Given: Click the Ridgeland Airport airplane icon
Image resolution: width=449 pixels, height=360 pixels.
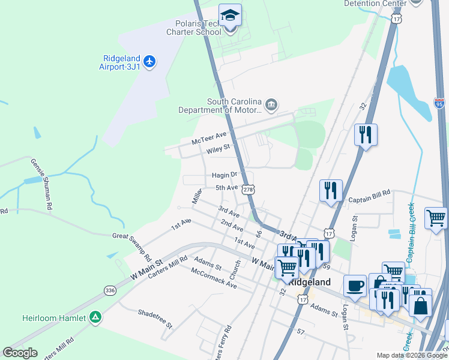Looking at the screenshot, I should tap(149, 61).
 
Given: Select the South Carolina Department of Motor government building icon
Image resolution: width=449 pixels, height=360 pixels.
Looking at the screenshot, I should tap(271, 106).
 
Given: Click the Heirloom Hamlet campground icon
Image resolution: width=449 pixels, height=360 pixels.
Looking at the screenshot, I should tap(95, 317).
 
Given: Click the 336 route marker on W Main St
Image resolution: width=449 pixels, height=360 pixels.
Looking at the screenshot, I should tap(110, 290).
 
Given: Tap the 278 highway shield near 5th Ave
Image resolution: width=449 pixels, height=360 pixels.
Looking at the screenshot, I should tap(249, 190).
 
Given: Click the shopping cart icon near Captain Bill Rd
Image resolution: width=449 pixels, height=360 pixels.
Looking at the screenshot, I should tap(436, 218).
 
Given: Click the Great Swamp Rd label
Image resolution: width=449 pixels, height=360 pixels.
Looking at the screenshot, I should tap(132, 246).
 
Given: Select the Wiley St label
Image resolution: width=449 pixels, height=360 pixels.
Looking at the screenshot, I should tap(218, 148).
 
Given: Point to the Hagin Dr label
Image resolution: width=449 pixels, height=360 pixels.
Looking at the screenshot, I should tap(225, 175).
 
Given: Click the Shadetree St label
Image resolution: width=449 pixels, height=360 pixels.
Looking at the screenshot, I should tap(155, 319).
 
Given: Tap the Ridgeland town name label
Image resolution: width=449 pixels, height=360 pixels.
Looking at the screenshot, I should tap(310, 281).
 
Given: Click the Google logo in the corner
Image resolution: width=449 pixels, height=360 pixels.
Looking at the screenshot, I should tap(20, 353).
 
